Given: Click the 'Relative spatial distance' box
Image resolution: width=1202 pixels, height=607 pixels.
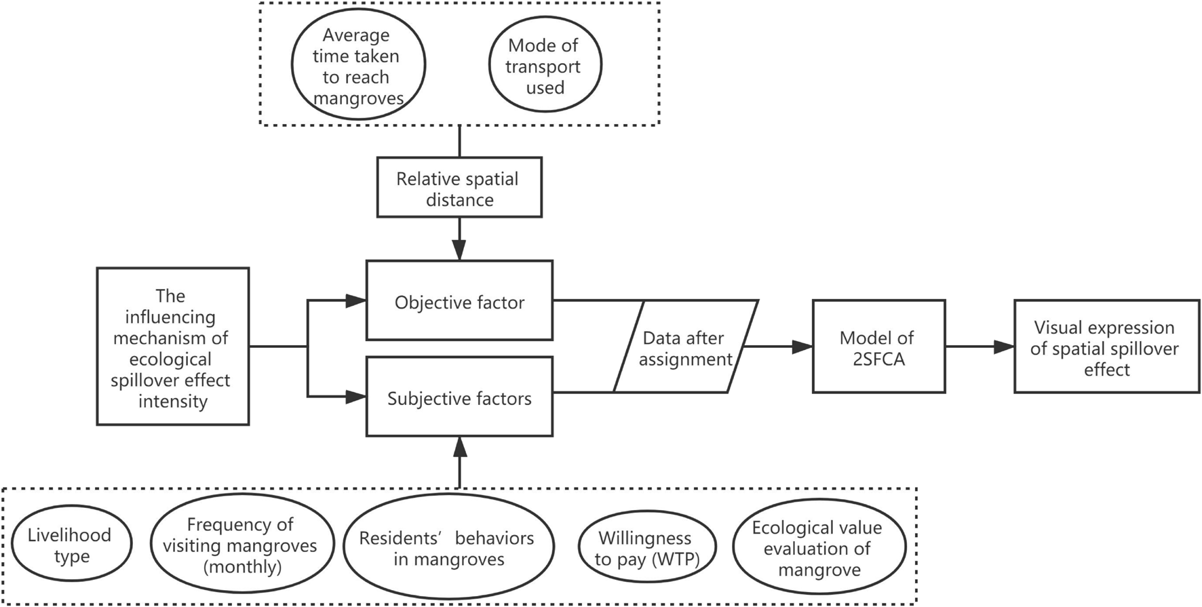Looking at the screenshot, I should click(x=459, y=188).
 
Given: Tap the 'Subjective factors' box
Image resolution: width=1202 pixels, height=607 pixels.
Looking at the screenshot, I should click(x=459, y=397).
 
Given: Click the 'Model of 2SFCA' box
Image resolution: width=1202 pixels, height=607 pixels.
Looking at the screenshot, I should click(x=878, y=347).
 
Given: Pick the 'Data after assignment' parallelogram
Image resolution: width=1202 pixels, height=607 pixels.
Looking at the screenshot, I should click(x=685, y=347).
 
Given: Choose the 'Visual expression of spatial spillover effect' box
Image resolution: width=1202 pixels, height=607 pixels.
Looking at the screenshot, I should click(x=1106, y=347).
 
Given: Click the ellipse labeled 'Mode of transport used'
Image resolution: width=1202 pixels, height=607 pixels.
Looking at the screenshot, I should click(x=545, y=66).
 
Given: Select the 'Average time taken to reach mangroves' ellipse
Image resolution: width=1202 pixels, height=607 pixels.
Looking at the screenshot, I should click(x=358, y=66).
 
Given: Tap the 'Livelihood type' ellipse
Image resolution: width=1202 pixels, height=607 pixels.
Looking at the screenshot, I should click(x=71, y=545).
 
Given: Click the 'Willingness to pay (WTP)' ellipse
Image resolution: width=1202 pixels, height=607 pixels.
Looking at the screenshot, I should click(x=646, y=547).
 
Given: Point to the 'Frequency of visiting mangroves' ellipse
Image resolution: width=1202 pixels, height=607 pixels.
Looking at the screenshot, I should click(x=241, y=545).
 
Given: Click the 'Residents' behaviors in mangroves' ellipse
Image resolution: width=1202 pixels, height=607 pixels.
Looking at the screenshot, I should click(x=448, y=548).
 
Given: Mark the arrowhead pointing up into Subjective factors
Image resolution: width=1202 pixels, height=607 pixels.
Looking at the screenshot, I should click(x=460, y=447).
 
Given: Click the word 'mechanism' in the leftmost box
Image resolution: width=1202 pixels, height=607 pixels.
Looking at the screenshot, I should click(x=171, y=338).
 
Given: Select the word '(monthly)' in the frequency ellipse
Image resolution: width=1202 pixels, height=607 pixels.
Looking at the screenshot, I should click(x=242, y=566).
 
